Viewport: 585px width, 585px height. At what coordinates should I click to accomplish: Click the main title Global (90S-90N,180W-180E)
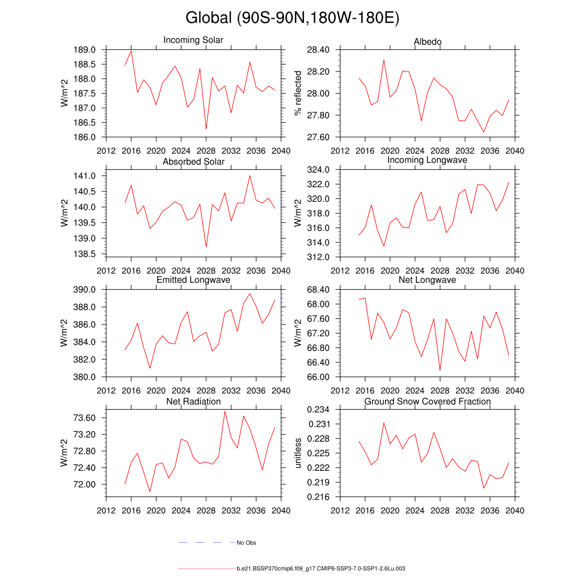coord(292,18)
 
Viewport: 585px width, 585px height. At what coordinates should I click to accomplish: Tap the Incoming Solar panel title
coord(193,41)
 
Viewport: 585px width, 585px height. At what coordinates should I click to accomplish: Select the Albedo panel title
coord(427,42)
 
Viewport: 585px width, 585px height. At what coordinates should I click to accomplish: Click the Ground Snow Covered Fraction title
coord(427,402)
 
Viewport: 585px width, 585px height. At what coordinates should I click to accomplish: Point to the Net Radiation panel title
coord(193,402)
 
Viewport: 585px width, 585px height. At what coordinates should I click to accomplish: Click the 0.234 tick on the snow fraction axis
coord(319,410)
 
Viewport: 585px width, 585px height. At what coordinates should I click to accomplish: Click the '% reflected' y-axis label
coord(297,93)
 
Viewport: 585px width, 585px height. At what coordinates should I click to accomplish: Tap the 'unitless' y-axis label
coord(297,453)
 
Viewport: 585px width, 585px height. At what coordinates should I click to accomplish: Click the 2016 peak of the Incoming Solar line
coord(131,51)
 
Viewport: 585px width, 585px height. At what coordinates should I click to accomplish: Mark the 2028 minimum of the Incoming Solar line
coord(206,129)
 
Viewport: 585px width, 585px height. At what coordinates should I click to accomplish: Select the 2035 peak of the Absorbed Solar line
coord(250,175)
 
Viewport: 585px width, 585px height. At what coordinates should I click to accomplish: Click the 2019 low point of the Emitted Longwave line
coord(150,368)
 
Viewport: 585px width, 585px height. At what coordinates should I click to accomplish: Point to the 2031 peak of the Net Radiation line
coord(225,411)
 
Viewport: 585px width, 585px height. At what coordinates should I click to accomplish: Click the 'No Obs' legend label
coord(246,543)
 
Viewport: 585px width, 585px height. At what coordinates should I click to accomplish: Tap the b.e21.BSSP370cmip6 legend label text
coord(321,569)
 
